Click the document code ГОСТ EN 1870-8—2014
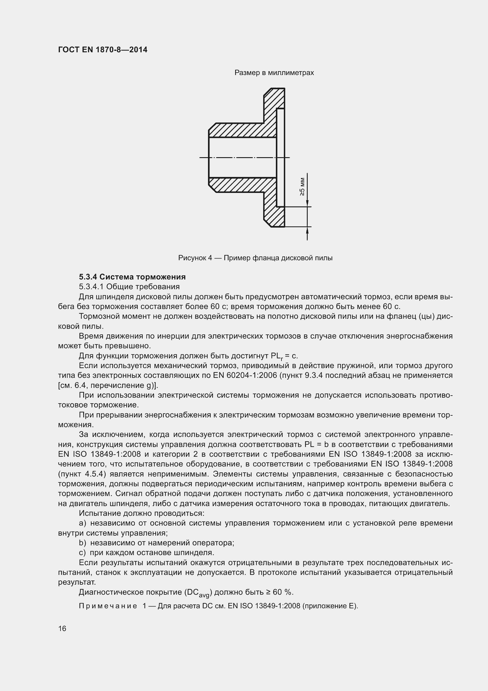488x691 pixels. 103,50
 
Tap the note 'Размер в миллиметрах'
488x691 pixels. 274,73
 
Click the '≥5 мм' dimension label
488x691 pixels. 302,187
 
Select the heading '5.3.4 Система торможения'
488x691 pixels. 132,277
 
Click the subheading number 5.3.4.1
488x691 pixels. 91,287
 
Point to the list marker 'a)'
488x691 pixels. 82,523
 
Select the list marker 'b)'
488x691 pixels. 82,543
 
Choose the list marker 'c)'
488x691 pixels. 82,553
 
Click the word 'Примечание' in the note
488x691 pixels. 108,606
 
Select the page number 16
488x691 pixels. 62,629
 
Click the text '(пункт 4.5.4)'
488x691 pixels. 82,474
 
